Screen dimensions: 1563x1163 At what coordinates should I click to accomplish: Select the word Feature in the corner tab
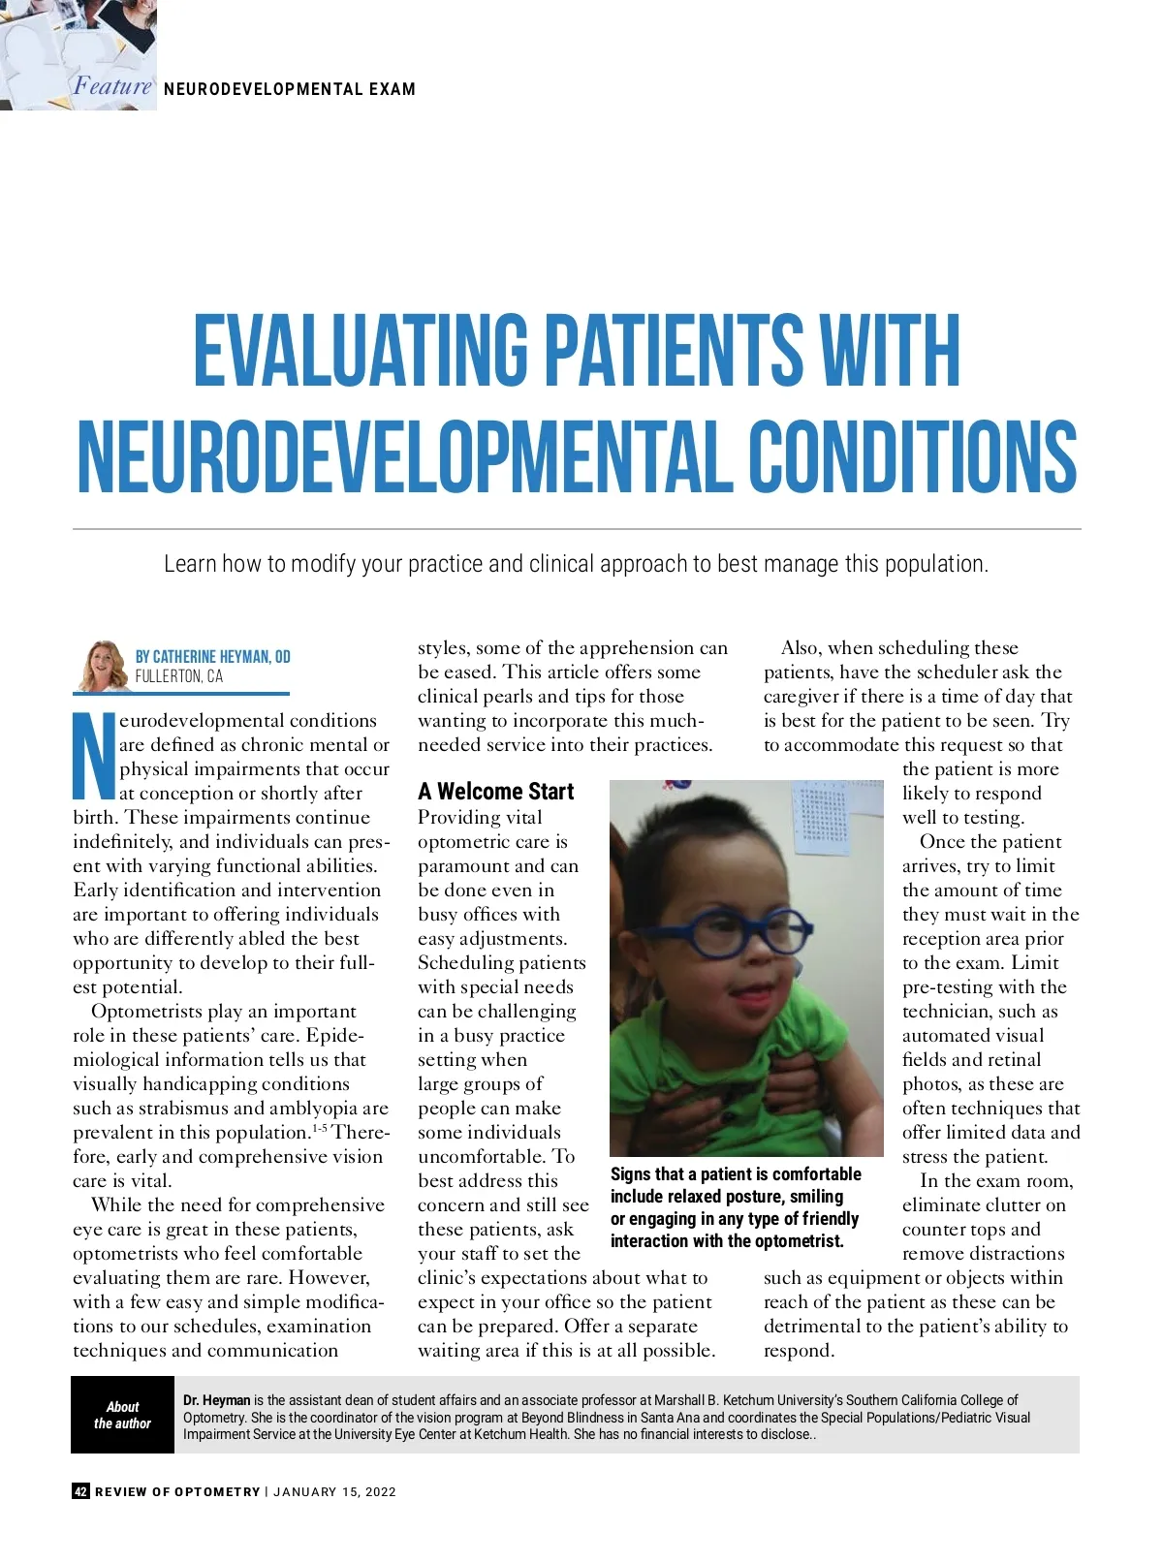pos(112,86)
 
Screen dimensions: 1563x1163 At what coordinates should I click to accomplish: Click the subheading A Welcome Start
pos(495,792)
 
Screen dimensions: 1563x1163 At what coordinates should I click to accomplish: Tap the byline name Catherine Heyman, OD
pos(212,656)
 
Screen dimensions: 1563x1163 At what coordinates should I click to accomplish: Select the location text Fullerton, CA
pos(178,676)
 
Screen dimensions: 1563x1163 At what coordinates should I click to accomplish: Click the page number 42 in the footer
pos(80,1491)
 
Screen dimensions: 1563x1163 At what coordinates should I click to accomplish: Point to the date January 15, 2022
pos(334,1491)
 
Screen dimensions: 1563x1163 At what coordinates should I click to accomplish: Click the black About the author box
pos(122,1415)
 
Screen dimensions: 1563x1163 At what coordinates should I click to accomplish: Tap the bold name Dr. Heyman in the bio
pos(216,1400)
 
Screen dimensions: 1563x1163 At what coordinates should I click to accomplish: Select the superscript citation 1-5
pos(319,1127)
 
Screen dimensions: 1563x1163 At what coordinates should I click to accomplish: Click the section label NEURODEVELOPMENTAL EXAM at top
pos(289,89)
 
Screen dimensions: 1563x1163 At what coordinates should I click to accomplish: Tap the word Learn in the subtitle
pos(189,564)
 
